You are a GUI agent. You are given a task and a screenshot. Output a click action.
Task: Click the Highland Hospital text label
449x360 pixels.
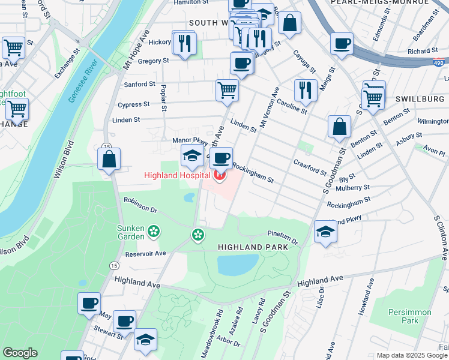176,175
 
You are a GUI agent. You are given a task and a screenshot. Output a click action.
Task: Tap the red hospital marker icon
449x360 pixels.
220,175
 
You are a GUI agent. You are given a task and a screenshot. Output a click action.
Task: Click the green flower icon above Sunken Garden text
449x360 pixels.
154,230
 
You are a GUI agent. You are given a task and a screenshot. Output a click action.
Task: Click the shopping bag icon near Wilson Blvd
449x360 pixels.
109,160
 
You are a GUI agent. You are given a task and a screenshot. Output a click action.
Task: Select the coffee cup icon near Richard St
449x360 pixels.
342,43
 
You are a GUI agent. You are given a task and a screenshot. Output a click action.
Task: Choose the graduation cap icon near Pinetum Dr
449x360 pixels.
325,232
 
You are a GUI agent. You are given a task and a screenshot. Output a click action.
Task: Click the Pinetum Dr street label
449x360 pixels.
282,237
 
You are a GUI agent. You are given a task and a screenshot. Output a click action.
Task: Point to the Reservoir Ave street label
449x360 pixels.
145,254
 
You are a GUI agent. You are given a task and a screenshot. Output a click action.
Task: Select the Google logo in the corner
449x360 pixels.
20,353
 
